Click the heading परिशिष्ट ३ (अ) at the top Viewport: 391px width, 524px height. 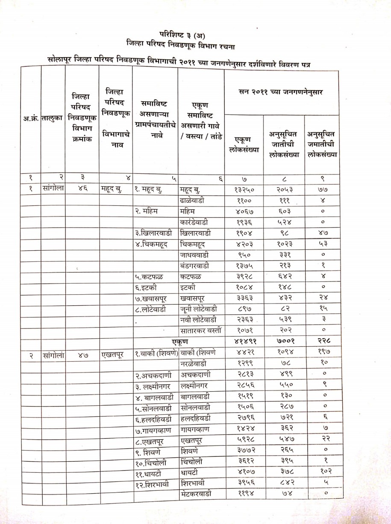185,34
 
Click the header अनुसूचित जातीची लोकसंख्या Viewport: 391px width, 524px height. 283,144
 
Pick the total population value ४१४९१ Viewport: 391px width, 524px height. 244,341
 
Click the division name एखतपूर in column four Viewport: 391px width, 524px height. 112,353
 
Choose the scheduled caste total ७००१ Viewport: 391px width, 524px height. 283,341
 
